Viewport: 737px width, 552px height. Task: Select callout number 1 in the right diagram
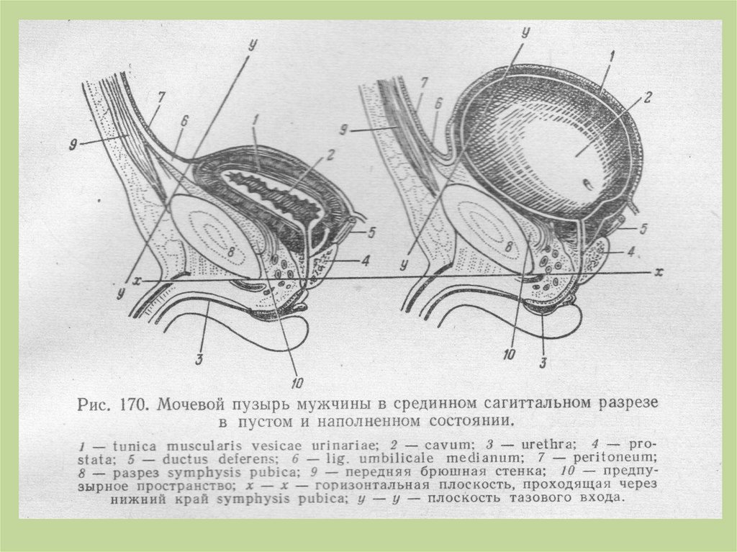tap(611, 55)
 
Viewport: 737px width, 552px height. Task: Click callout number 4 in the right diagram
tap(630, 253)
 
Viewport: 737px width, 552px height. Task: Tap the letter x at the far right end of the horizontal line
tap(657, 273)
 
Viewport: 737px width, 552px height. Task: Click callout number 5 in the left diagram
tap(373, 232)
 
